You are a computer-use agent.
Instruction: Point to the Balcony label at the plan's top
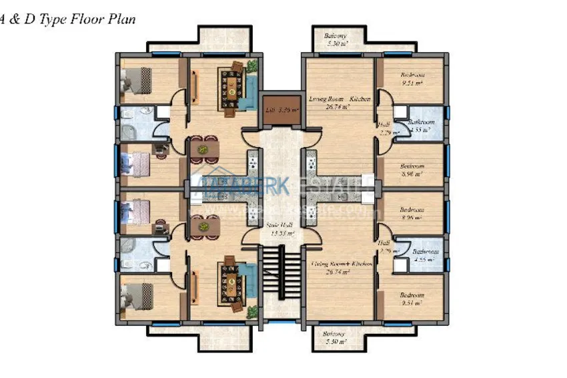[335, 39]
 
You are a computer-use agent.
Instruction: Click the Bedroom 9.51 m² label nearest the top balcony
[412, 79]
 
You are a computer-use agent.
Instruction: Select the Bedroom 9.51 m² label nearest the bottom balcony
[412, 299]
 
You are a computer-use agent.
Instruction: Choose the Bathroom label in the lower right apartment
[424, 256]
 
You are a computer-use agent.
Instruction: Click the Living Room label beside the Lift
[340, 102]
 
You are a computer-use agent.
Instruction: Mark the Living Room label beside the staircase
[341, 268]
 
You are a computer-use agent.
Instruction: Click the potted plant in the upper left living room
[252, 65]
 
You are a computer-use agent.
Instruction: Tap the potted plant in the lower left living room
[252, 312]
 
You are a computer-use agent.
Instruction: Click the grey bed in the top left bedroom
[139, 79]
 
